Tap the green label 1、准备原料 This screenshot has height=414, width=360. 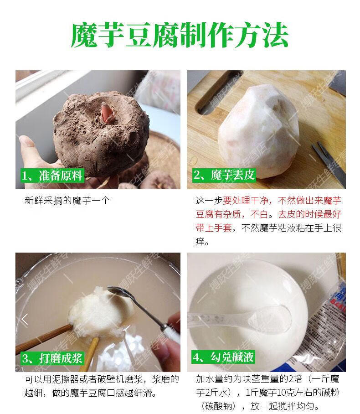[52, 176]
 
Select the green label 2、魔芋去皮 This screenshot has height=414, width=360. [224, 176]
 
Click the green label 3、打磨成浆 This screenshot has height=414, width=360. [52, 358]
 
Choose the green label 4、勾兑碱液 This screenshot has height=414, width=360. [224, 358]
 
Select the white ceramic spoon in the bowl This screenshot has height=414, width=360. [255, 319]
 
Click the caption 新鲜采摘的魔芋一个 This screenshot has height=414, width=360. [67, 200]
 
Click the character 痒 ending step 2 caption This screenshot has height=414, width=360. [201, 242]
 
